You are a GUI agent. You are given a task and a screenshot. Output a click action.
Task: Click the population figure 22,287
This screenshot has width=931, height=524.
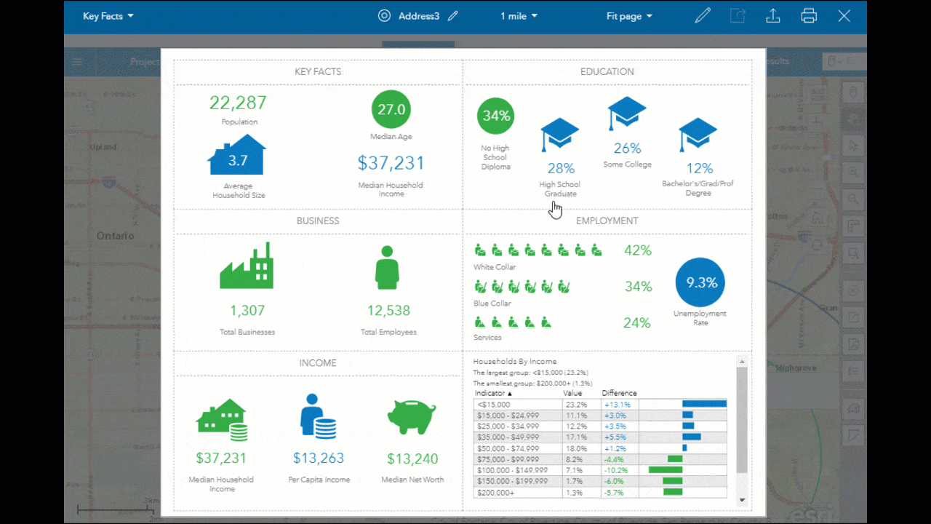(x=238, y=103)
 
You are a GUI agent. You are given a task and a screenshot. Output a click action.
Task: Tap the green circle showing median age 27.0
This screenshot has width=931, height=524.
(x=391, y=110)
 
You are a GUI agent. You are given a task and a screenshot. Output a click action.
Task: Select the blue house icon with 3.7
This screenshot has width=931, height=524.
(x=237, y=156)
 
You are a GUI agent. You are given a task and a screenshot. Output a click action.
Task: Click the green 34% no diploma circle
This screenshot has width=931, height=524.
(x=497, y=116)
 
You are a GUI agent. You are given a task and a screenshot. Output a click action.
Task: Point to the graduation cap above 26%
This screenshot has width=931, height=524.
(x=627, y=113)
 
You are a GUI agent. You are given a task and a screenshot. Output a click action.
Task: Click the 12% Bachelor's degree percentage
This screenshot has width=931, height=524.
(x=699, y=169)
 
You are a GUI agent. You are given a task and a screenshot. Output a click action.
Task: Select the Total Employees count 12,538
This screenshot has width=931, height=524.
(x=388, y=311)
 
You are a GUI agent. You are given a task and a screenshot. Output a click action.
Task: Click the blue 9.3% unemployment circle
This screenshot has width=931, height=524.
(x=700, y=282)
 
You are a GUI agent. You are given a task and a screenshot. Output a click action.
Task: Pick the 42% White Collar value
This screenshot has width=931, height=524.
(x=638, y=250)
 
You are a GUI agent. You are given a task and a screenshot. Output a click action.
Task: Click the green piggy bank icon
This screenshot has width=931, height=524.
(x=412, y=417)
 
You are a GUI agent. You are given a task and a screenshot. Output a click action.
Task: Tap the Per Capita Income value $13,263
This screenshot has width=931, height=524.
(x=319, y=458)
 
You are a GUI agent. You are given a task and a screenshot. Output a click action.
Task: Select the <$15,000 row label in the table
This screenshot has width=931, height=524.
(x=494, y=405)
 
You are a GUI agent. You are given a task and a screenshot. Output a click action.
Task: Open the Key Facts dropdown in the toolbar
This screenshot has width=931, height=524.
(x=108, y=16)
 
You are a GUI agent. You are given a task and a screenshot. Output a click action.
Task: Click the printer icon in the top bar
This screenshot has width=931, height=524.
(x=809, y=16)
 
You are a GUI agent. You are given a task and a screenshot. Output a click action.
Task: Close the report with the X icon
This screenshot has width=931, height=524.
(x=844, y=16)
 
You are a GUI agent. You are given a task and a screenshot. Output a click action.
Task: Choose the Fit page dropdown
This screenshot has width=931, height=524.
(x=629, y=16)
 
